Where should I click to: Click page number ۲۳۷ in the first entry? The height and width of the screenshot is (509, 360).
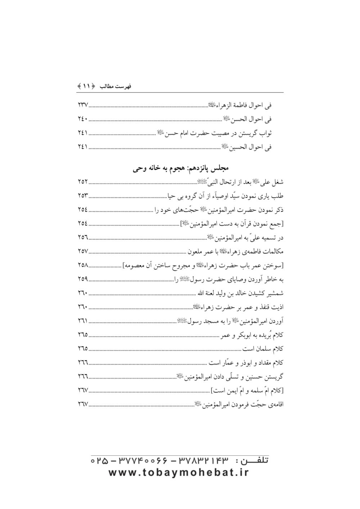pyautogui.click(x=83, y=105)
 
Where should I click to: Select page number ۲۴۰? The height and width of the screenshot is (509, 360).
pyautogui.click(x=83, y=119)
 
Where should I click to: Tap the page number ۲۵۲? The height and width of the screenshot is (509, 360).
pyautogui.click(x=83, y=181)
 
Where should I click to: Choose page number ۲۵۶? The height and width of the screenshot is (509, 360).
pyautogui.click(x=83, y=237)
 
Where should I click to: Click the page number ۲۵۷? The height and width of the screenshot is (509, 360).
pyautogui.click(x=83, y=251)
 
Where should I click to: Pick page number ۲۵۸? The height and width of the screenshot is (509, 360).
pyautogui.click(x=83, y=265)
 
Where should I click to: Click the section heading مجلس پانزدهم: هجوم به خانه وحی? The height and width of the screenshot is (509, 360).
pyautogui.click(x=181, y=168)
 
